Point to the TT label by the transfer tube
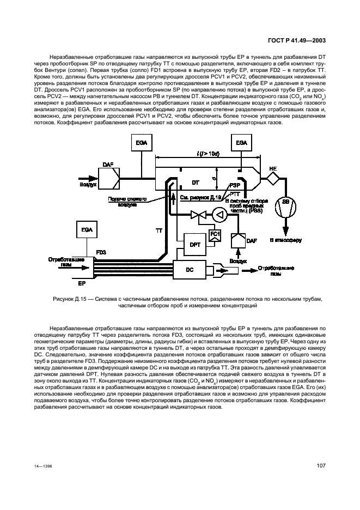[159, 231]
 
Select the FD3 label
[102, 252]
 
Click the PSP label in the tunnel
[235, 185]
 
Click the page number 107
[321, 465]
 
